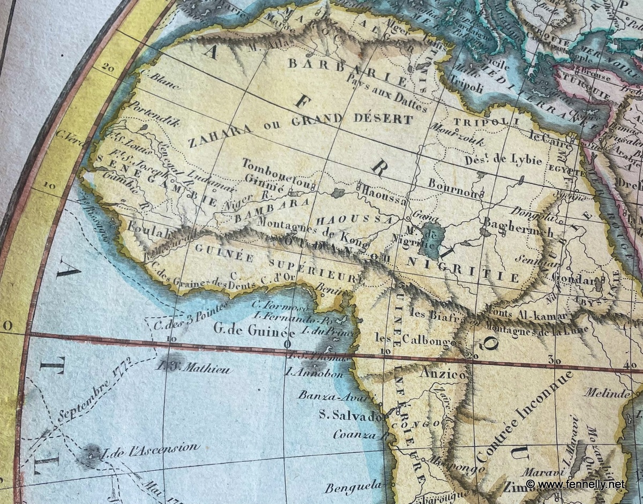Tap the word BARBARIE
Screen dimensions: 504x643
pos(348,72)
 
